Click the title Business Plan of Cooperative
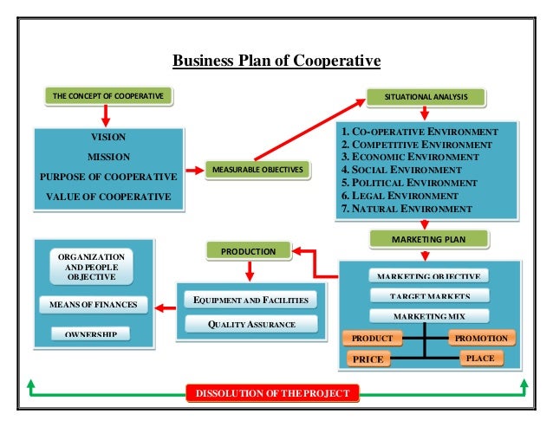[x=276, y=61]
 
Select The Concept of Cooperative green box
[x=108, y=94]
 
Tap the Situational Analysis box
[x=424, y=94]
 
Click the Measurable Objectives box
[x=257, y=169]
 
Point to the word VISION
[x=108, y=138]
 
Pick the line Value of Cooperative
[x=108, y=197]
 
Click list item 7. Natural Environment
[x=407, y=209]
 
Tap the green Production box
[x=248, y=251]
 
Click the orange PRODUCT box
[x=373, y=338]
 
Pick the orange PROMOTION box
[x=482, y=338]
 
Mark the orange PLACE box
[x=479, y=357]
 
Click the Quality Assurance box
[x=251, y=325]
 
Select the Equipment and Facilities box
[x=251, y=301]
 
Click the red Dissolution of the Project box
[x=271, y=394]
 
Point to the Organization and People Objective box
[x=90, y=268]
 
